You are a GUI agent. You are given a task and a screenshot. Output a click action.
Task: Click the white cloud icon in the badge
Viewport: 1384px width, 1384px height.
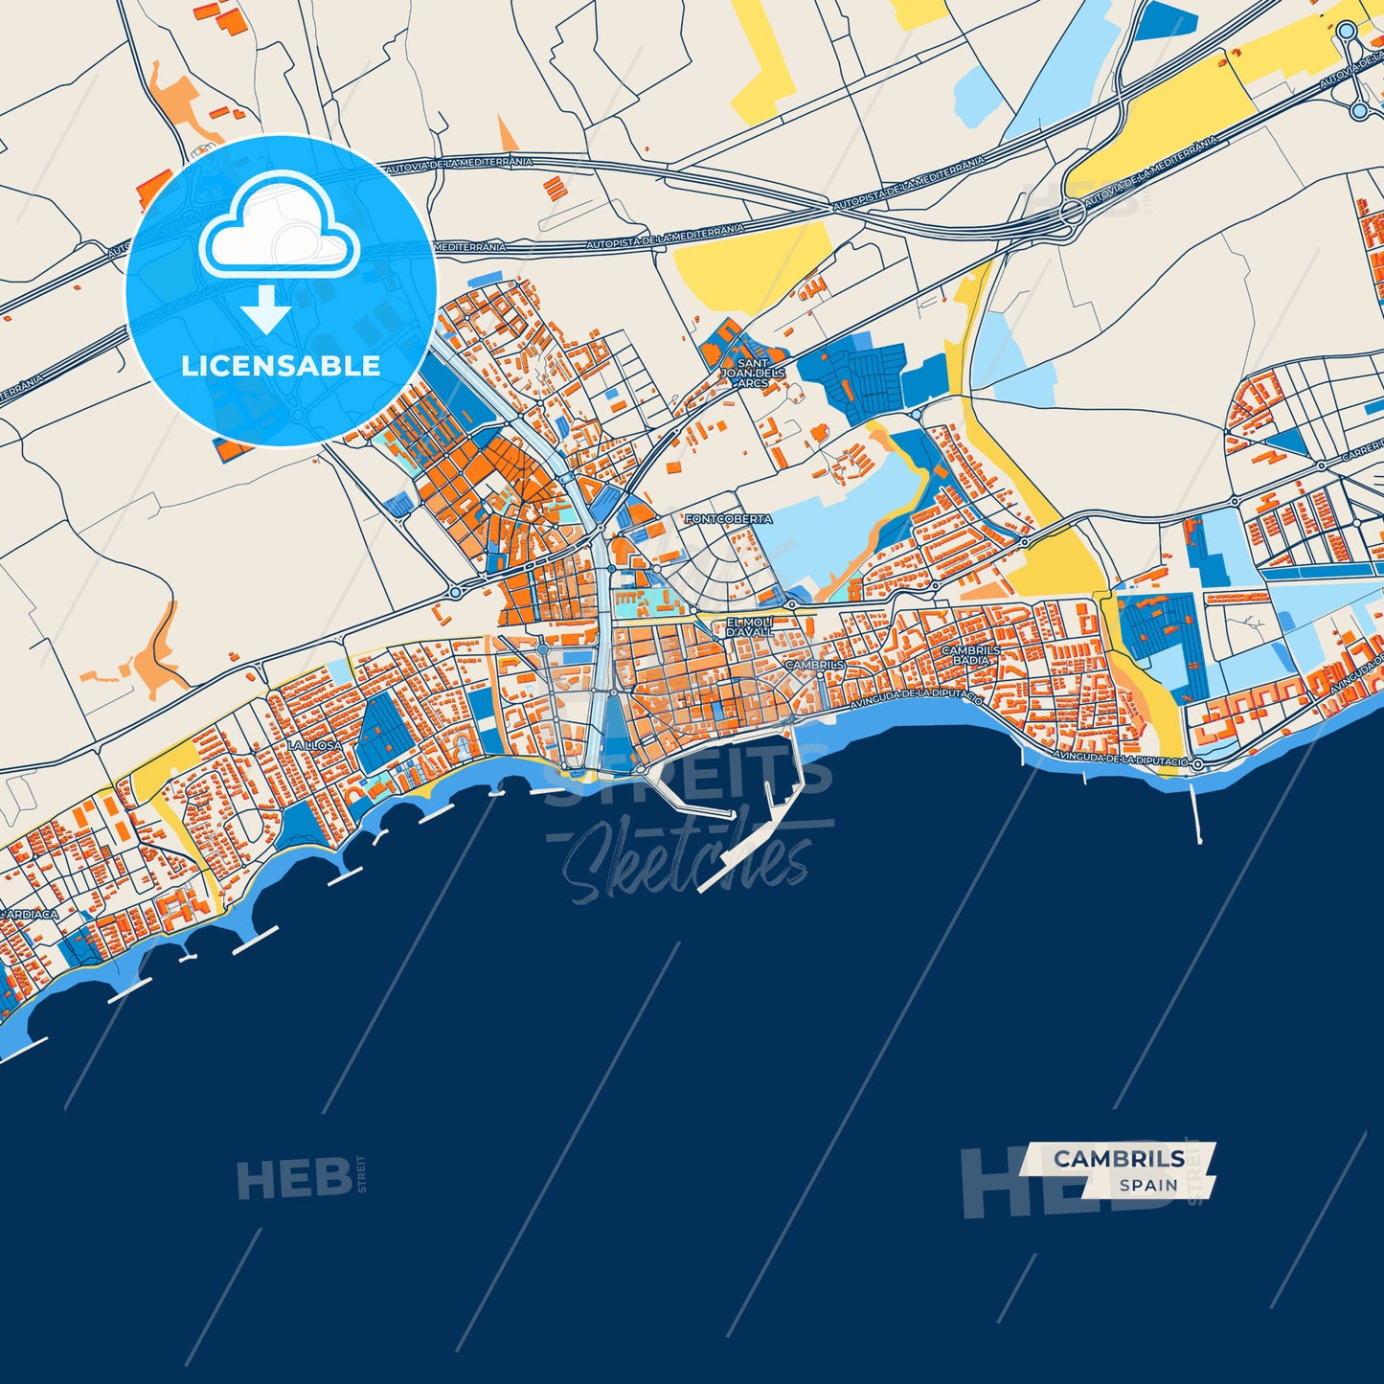pyautogui.click(x=279, y=227)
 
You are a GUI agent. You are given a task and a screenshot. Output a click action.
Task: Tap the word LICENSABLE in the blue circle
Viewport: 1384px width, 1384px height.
pyautogui.click(x=281, y=366)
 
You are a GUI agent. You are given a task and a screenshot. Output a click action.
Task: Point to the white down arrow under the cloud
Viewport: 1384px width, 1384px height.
pyautogui.click(x=265, y=310)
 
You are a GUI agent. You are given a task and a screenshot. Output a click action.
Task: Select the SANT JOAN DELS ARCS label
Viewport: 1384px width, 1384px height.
pyautogui.click(x=754, y=373)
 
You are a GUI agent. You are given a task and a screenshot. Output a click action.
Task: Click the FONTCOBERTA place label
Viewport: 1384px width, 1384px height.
pyautogui.click(x=728, y=519)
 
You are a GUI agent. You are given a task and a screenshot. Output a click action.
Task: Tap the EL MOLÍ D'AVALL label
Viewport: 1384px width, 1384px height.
pyautogui.click(x=749, y=627)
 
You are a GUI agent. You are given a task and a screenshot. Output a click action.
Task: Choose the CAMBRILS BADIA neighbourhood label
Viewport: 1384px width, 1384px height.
pyautogui.click(x=971, y=655)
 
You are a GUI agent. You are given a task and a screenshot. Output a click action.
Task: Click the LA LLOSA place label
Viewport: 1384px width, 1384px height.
pyautogui.click(x=315, y=745)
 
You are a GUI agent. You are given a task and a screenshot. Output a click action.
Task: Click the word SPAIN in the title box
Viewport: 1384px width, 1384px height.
pyautogui.click(x=1148, y=1185)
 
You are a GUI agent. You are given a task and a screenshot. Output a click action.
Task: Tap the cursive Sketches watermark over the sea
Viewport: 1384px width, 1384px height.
pyautogui.click(x=685, y=862)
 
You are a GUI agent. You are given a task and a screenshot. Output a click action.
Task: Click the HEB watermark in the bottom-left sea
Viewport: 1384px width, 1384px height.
pyautogui.click(x=294, y=1179)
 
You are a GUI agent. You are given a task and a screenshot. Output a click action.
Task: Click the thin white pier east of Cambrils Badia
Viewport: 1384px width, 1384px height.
pyautogui.click(x=1196, y=809)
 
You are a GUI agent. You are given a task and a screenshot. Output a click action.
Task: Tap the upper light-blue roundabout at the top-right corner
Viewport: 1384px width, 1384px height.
pyautogui.click(x=1347, y=32)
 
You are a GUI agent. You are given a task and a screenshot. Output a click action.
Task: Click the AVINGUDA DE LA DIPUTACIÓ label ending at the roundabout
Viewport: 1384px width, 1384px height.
pyautogui.click(x=1120, y=758)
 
